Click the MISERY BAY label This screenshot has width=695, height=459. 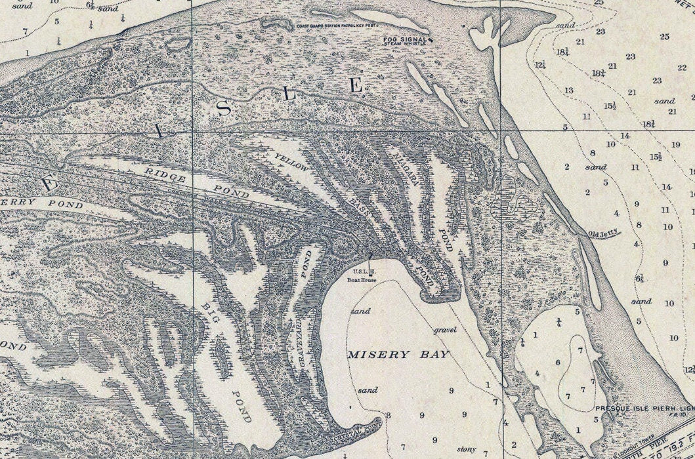(398, 355)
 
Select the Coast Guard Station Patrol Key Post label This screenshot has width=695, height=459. (330, 26)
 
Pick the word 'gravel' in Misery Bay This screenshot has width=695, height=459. (444, 330)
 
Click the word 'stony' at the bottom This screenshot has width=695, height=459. (466, 449)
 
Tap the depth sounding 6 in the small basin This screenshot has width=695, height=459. (558, 362)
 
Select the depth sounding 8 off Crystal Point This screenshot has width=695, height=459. (389, 415)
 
